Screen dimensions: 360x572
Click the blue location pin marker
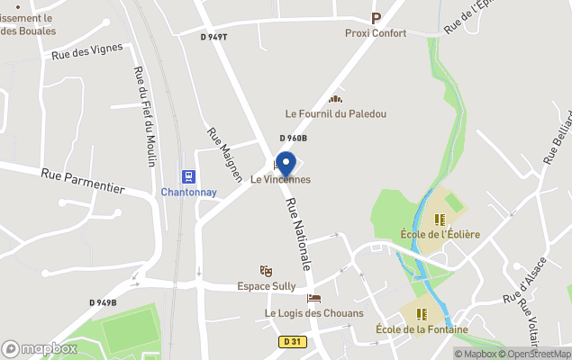click(x=286, y=165)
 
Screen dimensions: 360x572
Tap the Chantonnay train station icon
click(x=188, y=177)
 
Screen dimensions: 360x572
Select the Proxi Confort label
click(x=376, y=33)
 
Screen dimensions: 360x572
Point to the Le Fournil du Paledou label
click(x=335, y=114)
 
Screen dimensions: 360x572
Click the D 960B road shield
click(x=293, y=138)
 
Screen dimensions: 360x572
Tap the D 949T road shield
click(x=214, y=37)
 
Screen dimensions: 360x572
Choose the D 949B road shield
click(x=102, y=302)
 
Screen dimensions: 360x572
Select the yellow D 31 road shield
click(x=291, y=341)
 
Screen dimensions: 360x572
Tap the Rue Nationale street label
click(x=298, y=235)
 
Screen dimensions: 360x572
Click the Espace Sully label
click(x=266, y=286)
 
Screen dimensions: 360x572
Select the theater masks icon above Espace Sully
click(x=266, y=270)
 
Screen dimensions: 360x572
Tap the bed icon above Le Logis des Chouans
click(x=313, y=298)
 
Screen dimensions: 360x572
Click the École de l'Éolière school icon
click(x=440, y=219)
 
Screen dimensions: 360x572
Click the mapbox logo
click(x=40, y=348)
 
